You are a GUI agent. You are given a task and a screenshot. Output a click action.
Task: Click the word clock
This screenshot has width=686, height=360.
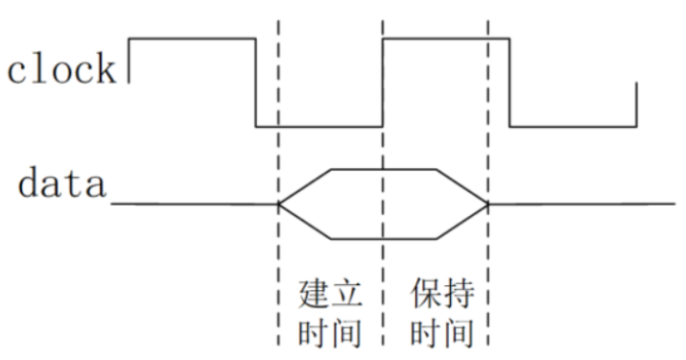point(61,68)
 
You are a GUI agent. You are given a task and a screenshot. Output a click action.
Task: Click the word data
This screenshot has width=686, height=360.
point(61,182)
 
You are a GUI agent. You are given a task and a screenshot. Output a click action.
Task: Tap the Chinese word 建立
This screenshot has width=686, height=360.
point(330,293)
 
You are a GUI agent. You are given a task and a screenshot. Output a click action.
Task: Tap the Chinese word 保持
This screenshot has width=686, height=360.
point(442,293)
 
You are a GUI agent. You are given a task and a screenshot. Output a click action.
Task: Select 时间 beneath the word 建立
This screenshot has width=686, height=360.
point(330,333)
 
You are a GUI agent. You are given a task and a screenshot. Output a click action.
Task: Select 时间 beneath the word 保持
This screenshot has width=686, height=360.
point(442,333)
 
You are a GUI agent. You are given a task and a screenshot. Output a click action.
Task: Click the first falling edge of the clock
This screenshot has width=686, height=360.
point(256,83)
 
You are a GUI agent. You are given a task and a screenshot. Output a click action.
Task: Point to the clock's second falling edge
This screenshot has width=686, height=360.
point(509,83)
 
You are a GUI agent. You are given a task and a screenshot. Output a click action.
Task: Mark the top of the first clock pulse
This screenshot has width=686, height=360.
point(192,39)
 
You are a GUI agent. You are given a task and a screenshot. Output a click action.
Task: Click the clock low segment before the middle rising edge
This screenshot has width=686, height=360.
point(319,127)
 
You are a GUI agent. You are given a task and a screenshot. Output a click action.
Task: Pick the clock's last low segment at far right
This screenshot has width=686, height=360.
point(573,127)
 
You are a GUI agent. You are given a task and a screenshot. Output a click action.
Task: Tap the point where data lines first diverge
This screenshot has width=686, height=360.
point(278,204)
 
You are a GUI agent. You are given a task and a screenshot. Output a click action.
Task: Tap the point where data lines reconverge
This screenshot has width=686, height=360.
point(488,204)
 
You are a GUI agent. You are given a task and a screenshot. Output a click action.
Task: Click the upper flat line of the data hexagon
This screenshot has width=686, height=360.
point(384,169)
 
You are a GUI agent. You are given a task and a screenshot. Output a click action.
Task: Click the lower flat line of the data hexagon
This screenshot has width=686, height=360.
point(384,239)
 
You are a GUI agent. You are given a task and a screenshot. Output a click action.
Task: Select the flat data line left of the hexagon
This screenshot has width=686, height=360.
point(195,204)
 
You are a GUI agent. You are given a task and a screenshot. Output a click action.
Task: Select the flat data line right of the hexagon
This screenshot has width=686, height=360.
point(581,204)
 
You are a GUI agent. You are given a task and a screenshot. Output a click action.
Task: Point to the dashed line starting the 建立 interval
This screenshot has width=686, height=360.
point(278,183)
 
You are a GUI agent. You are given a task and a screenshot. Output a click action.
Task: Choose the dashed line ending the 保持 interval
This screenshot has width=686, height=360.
point(488,183)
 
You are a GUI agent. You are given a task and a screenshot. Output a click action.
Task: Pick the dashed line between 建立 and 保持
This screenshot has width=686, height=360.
point(383,183)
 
